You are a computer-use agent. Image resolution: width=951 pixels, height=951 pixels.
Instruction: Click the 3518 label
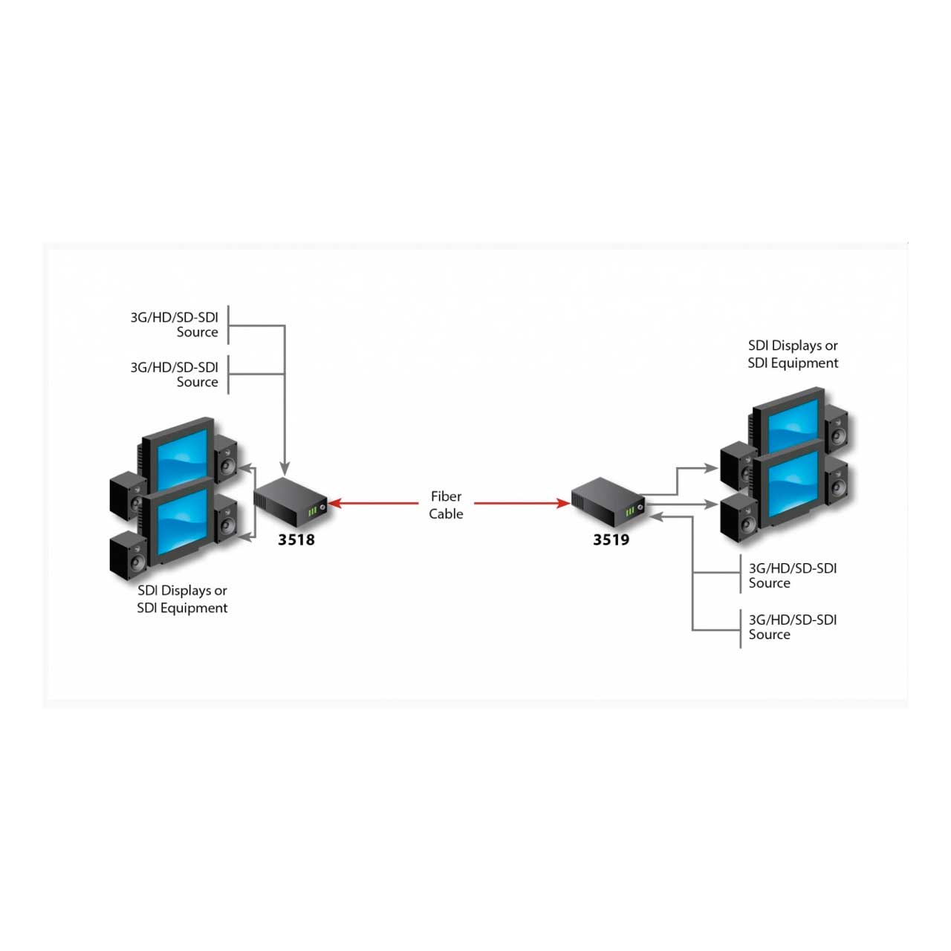(296, 539)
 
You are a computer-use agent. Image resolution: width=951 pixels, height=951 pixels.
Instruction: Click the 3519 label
(611, 539)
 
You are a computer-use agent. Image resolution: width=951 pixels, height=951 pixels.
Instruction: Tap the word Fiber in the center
(446, 496)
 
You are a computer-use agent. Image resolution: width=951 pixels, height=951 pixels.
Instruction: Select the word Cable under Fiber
(446, 513)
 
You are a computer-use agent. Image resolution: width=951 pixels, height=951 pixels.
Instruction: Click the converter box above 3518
(291, 502)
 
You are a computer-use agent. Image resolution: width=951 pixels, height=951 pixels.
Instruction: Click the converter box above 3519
(608, 502)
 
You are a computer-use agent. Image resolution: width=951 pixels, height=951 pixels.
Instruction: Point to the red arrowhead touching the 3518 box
(335, 504)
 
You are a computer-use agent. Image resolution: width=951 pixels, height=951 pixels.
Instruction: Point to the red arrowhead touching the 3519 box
(564, 504)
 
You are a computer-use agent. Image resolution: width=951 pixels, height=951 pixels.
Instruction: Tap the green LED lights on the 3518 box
(312, 511)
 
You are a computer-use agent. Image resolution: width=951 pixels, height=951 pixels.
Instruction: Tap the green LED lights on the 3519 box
(630, 511)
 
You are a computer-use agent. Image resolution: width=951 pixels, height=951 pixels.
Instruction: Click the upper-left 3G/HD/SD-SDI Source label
(174, 324)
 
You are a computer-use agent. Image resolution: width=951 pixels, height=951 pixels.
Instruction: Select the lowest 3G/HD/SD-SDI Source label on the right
(793, 627)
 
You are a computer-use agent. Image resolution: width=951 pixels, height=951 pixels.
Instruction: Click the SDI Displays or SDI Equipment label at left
(182, 599)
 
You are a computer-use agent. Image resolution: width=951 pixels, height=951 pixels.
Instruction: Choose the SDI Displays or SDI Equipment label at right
(793, 354)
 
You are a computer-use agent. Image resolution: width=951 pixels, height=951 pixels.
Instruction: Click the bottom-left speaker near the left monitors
(128, 555)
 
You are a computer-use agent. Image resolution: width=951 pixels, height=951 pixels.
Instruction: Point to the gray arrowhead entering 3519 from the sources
(656, 517)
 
